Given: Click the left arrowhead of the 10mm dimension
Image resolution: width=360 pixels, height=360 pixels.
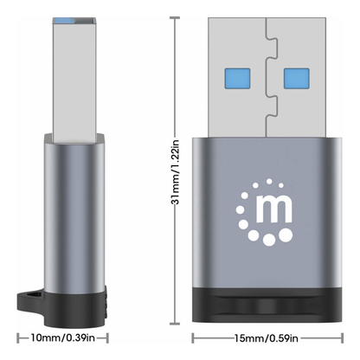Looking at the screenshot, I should point(17,338).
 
